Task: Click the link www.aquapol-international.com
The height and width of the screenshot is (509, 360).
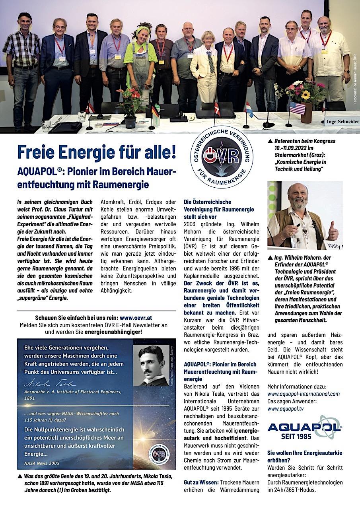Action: (x=304, y=394)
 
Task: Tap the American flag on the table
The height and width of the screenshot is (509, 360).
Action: (x=297, y=107)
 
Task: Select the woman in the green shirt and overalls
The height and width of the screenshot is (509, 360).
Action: (x=140, y=64)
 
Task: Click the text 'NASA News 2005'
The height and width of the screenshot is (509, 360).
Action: (x=42, y=463)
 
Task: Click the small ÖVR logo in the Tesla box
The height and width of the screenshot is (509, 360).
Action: (x=159, y=455)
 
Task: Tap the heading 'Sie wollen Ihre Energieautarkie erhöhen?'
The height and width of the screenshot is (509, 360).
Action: (x=304, y=457)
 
